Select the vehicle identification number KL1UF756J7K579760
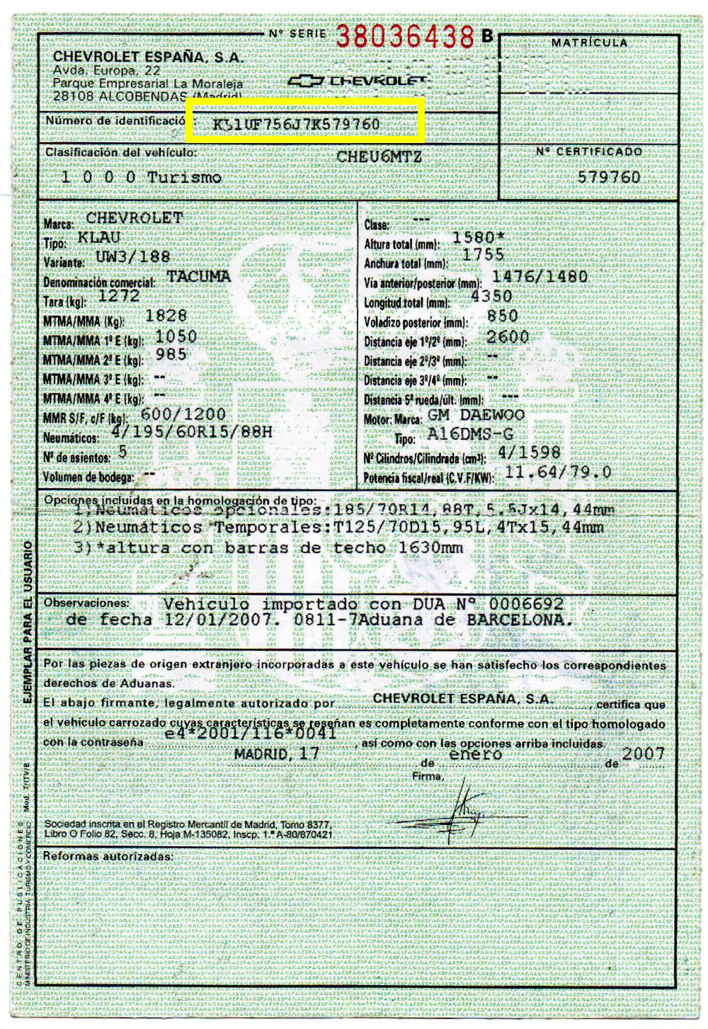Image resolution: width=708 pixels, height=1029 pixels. click(x=296, y=125)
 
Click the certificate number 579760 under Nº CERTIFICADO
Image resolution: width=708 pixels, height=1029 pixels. click(x=608, y=177)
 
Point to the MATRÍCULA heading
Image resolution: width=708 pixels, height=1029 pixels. click(x=589, y=43)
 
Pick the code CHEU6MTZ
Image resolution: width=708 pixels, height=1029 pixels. click(x=379, y=157)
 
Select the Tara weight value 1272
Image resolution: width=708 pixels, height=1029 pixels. click(x=120, y=296)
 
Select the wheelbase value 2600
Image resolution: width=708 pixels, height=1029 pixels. click(x=508, y=336)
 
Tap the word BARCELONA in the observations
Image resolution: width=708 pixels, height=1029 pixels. click(x=515, y=620)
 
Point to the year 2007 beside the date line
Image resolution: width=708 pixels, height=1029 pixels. click(x=643, y=753)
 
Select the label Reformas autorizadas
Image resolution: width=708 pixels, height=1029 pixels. click(x=108, y=856)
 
